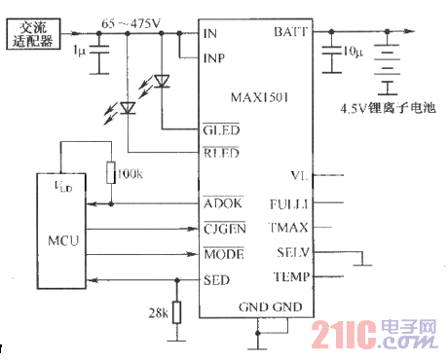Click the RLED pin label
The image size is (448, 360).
pos(220,153)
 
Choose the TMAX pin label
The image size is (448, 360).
pos(289,228)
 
